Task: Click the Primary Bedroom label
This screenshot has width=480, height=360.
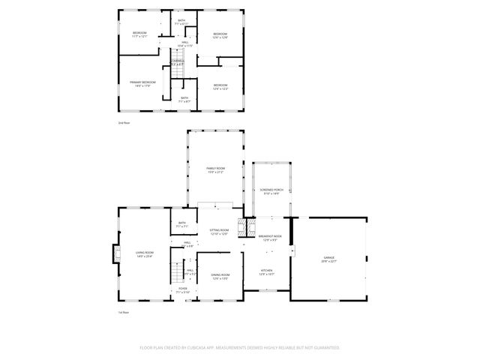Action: click(142, 83)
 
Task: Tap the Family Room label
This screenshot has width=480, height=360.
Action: click(215, 170)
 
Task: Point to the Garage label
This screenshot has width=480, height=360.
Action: click(329, 259)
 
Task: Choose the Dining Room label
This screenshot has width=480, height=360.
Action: click(220, 277)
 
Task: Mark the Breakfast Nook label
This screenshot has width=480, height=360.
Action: click(270, 238)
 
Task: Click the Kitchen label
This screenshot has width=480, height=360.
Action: click(267, 272)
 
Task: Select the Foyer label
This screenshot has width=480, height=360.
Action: click(183, 289)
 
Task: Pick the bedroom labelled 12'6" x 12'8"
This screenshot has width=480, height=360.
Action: click(220, 35)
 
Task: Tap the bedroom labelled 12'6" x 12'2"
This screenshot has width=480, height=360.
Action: click(220, 87)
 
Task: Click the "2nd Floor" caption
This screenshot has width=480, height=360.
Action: click(124, 121)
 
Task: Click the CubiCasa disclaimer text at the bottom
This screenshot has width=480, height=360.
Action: click(240, 348)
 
